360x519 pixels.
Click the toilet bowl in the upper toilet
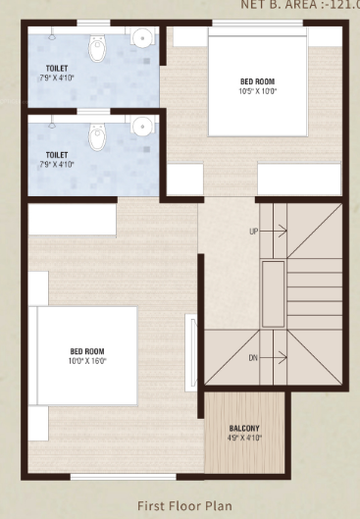(96, 47)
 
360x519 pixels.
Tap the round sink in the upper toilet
(143, 39)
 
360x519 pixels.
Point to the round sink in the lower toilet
(143, 127)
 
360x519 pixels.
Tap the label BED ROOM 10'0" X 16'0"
(87, 356)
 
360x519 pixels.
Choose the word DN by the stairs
(254, 356)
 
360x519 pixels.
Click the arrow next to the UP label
(277, 232)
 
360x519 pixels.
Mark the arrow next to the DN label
(277, 356)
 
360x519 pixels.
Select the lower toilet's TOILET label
(57, 155)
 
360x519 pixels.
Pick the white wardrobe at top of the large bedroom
(72, 220)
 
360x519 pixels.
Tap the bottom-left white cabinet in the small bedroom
(184, 179)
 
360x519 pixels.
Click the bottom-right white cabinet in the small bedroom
(299, 179)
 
